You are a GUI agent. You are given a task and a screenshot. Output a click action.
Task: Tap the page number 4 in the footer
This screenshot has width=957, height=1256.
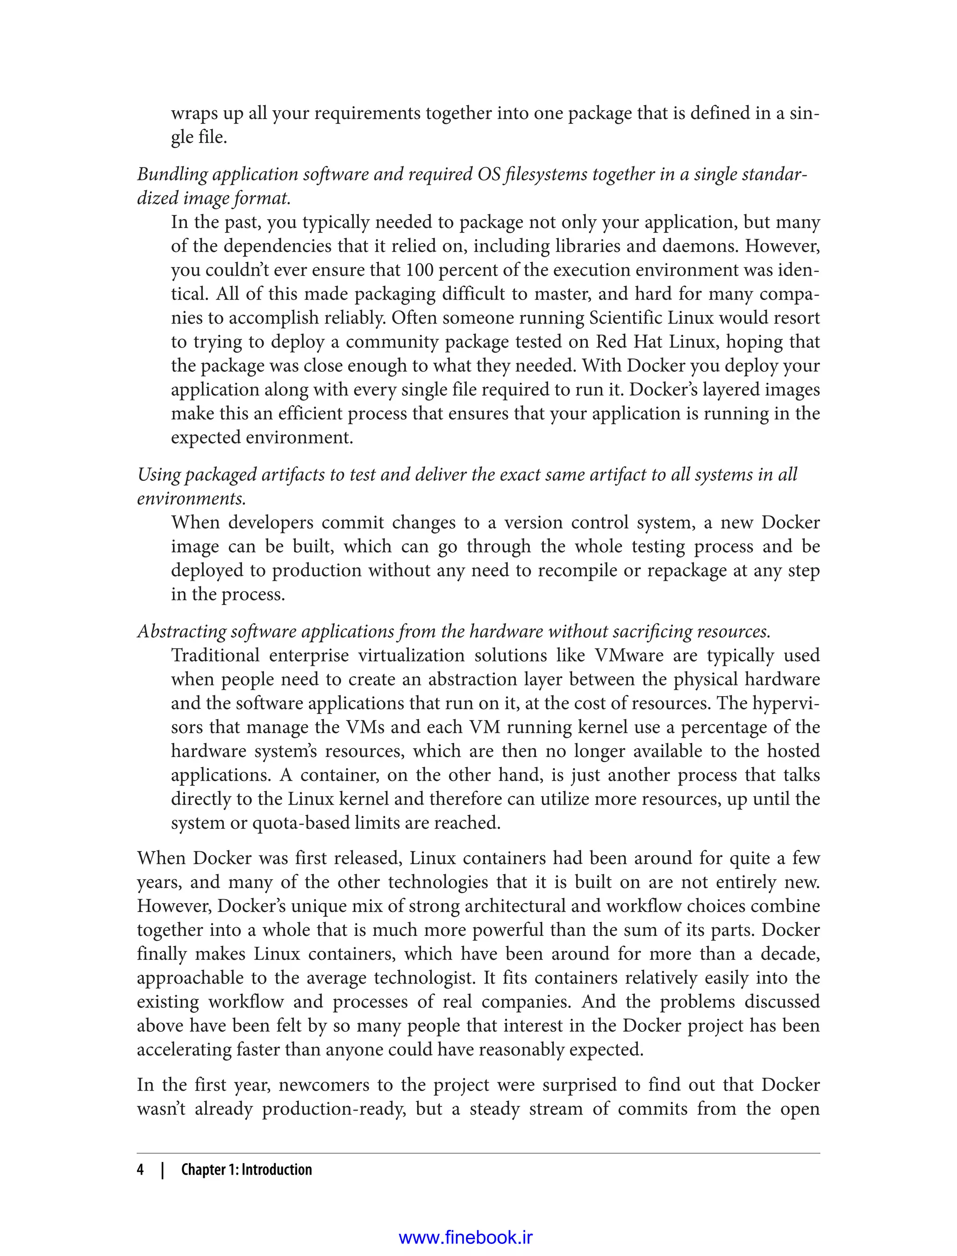pyautogui.click(x=140, y=1170)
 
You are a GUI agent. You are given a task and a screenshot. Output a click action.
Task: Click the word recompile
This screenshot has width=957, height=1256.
pyautogui.click(x=577, y=570)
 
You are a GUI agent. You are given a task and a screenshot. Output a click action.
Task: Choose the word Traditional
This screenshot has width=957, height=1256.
pyautogui.click(x=215, y=655)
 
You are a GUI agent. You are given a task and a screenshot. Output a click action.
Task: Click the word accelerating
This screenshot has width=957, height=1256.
pyautogui.click(x=183, y=1049)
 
